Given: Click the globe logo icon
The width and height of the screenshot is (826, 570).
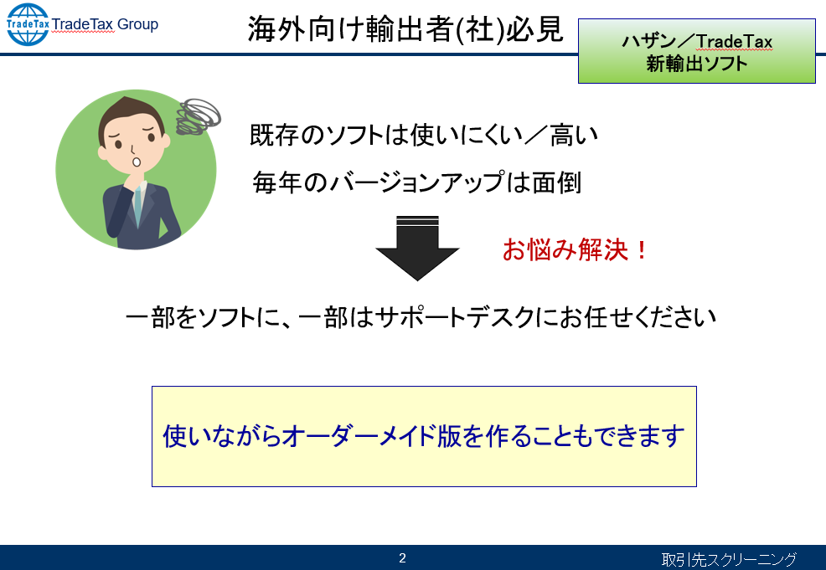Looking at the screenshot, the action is [x=28, y=24].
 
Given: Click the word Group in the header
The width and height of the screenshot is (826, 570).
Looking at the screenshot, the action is [x=137, y=24].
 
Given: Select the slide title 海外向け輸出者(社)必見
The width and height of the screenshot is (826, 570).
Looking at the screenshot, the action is [x=405, y=29].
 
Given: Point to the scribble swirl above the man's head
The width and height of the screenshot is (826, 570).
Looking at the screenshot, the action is [x=198, y=116].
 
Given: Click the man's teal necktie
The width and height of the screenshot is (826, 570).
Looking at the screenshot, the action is [x=138, y=206].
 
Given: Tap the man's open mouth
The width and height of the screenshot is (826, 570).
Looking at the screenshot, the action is [x=136, y=161].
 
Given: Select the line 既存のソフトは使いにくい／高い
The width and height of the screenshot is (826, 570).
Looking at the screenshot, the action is [x=424, y=136].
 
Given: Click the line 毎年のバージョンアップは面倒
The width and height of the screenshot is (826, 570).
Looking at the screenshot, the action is [x=416, y=182].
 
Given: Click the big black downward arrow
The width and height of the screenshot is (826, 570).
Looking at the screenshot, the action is [x=417, y=248].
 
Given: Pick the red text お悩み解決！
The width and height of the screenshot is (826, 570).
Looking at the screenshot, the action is [x=574, y=249].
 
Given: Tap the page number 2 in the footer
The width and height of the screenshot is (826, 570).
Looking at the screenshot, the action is [x=402, y=558].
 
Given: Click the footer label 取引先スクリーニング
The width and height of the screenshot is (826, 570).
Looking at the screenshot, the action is [x=729, y=559].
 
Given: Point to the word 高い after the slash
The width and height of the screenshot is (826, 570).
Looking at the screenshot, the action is [x=574, y=136].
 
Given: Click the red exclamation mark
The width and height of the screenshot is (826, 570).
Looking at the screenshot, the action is [x=641, y=249].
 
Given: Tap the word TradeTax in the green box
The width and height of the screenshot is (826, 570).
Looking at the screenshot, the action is [x=735, y=42].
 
